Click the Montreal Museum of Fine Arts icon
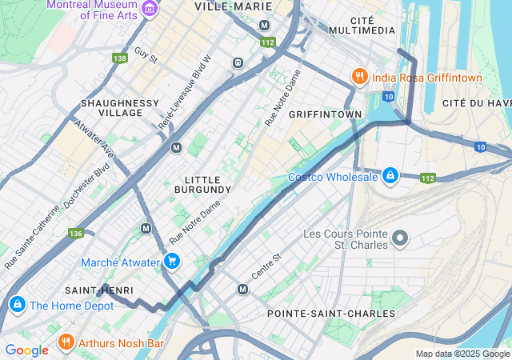pyautogui.click(x=149, y=9)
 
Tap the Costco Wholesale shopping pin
pyautogui.click(x=390, y=175)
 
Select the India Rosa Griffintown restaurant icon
pyautogui.click(x=360, y=78)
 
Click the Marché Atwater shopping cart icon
pyautogui.click(x=171, y=261)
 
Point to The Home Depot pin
pyautogui.click(x=16, y=305)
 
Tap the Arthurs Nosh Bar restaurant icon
pyautogui.click(x=66, y=343)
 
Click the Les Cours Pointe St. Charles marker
pyautogui.click(x=400, y=238)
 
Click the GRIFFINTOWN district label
pyautogui.click(x=325, y=114)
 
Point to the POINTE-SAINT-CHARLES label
pyautogui.click(x=331, y=313)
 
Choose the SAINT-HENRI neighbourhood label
pyautogui.click(x=99, y=290)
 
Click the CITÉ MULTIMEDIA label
pyautogui.click(x=373, y=24)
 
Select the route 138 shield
pyautogui.click(x=120, y=58)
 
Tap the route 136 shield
pyautogui.click(x=76, y=234)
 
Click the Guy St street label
pyautogui.click(x=146, y=55)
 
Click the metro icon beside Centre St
pyautogui.click(x=242, y=289)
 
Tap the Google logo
pyautogui.click(x=26, y=350)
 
